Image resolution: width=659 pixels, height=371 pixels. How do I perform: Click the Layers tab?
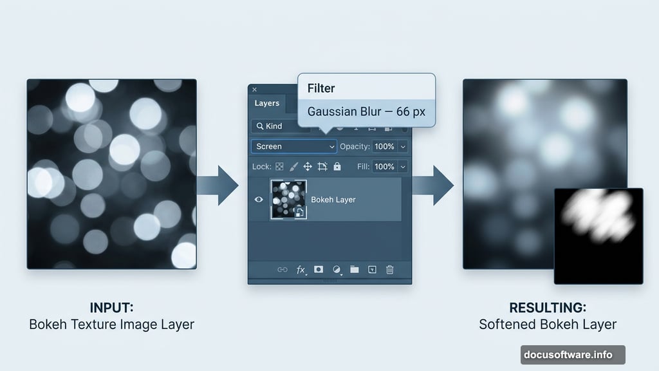click(x=266, y=103)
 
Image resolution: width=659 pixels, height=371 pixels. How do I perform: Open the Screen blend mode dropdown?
click(x=293, y=147)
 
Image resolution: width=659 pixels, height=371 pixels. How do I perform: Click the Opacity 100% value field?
click(x=384, y=147)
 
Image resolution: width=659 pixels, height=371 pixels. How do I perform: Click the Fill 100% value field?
click(x=384, y=167)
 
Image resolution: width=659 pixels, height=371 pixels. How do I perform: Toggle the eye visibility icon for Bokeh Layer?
click(x=259, y=200)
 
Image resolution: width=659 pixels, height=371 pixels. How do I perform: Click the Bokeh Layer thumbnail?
click(x=288, y=199)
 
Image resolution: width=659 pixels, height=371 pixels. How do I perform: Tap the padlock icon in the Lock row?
click(x=337, y=167)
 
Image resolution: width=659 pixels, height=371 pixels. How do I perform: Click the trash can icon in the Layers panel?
click(x=389, y=270)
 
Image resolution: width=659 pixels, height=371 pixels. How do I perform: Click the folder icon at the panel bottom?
click(x=354, y=270)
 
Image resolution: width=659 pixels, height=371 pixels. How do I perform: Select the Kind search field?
click(x=276, y=126)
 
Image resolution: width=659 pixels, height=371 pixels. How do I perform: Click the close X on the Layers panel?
click(x=254, y=90)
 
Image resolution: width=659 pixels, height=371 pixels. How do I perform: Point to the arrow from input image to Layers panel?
click(x=218, y=185)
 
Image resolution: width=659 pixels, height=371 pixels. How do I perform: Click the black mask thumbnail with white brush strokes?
click(x=599, y=236)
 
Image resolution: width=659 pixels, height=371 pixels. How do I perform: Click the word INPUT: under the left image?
click(x=111, y=307)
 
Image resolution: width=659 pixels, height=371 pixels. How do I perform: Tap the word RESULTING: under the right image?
click(x=548, y=307)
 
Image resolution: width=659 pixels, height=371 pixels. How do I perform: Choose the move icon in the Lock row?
click(x=308, y=167)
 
